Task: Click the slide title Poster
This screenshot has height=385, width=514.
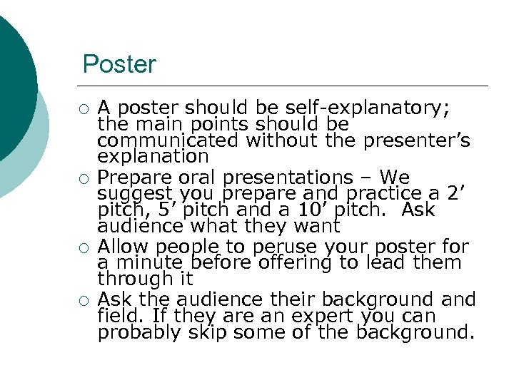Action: [x=119, y=65]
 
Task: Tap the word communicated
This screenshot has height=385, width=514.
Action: [x=168, y=140]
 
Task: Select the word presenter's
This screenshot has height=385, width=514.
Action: [x=417, y=140]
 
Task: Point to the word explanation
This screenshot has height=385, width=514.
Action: [x=153, y=156]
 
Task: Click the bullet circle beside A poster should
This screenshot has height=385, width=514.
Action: [x=84, y=109]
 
